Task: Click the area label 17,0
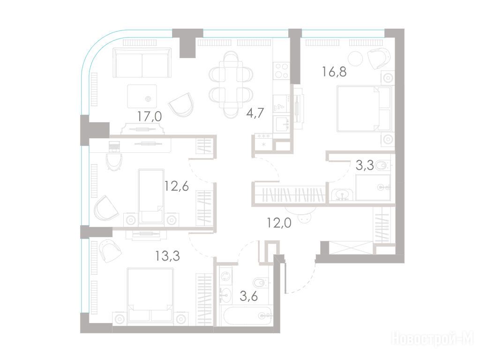[x=150, y=116]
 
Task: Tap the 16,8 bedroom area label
[x=334, y=72]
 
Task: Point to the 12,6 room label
[x=176, y=186]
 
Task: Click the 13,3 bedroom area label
[x=167, y=255]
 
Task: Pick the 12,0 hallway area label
[x=279, y=223]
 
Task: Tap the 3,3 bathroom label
[x=365, y=165]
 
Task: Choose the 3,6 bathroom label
[x=248, y=296]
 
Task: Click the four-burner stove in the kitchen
[x=281, y=70]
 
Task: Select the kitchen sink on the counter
[x=282, y=124]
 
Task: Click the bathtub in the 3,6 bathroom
[x=247, y=315]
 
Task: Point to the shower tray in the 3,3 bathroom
[x=373, y=187]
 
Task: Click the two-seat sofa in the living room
[x=142, y=63]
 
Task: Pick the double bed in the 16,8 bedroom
[x=364, y=109]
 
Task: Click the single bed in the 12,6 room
[x=151, y=196]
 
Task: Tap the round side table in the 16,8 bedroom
[x=356, y=58]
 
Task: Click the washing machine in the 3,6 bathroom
[x=225, y=277]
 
